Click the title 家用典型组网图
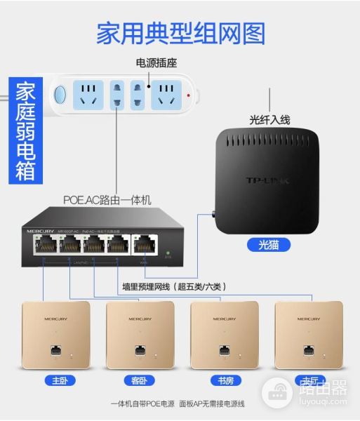(x=180, y=33)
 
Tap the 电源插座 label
(x=159, y=63)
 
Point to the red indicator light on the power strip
(x=189, y=93)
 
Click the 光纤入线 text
(x=269, y=119)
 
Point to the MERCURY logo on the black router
(x=42, y=230)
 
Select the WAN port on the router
(x=145, y=245)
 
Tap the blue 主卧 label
(x=55, y=381)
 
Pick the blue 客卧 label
(x=138, y=381)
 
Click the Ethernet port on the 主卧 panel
(x=55, y=349)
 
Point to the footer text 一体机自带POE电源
(x=145, y=404)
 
